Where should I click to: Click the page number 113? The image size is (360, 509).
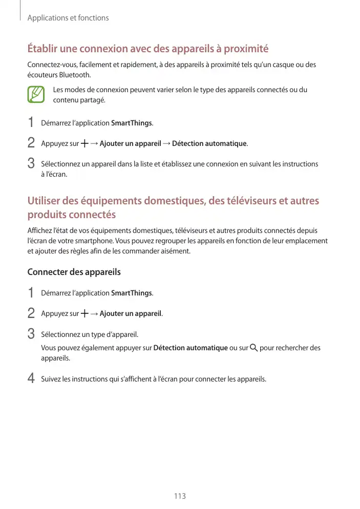(x=179, y=496)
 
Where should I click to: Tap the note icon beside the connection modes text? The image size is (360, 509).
(x=36, y=95)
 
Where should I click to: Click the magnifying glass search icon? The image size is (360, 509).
(x=253, y=348)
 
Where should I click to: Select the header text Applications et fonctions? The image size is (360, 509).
(x=68, y=18)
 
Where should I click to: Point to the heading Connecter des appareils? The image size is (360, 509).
(x=74, y=272)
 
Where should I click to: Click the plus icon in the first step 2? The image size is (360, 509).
(x=84, y=143)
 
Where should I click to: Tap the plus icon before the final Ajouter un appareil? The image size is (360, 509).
(x=84, y=313)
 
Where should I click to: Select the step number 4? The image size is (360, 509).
(x=31, y=379)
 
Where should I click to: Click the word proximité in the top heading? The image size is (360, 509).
(x=244, y=49)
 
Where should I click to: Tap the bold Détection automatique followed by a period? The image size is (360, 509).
(x=209, y=143)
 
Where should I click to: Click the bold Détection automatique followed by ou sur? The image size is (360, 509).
(x=190, y=348)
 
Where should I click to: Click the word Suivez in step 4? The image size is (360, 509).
(x=51, y=379)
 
